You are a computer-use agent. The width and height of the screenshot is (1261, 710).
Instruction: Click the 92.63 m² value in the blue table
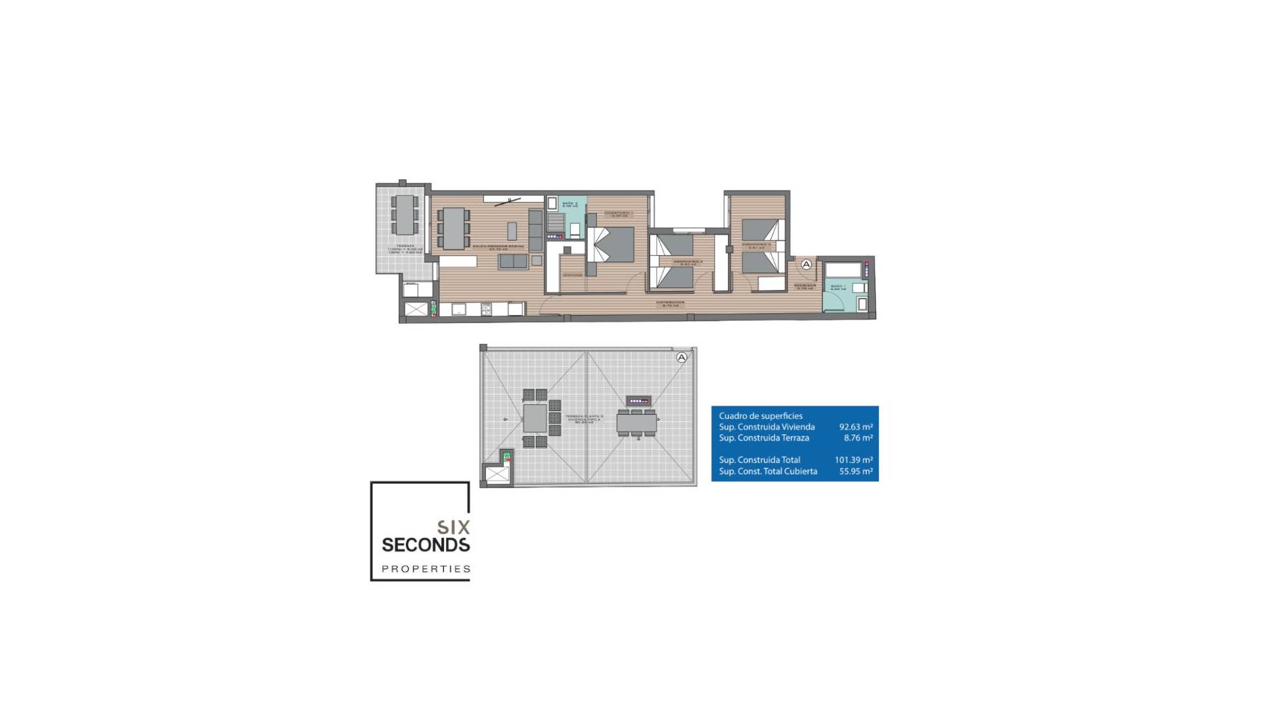(x=855, y=427)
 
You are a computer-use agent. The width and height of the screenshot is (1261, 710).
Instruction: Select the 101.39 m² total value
(x=853, y=460)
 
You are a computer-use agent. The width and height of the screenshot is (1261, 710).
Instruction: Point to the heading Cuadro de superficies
(x=761, y=415)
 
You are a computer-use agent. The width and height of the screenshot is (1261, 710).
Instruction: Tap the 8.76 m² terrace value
(x=858, y=438)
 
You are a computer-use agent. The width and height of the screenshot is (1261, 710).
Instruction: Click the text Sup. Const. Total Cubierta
(x=768, y=471)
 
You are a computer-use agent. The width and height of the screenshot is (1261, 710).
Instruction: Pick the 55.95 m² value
(x=855, y=471)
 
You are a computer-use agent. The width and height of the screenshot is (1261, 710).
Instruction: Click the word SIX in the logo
(x=454, y=527)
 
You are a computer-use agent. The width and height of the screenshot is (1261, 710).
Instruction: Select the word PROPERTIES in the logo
(x=426, y=569)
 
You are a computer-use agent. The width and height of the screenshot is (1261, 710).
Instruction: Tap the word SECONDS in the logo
(x=426, y=545)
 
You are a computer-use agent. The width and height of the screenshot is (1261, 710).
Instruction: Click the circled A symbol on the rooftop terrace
(x=682, y=358)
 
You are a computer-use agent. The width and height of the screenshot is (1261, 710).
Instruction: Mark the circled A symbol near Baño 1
(x=807, y=264)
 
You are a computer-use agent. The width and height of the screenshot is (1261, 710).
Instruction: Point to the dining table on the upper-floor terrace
(x=404, y=214)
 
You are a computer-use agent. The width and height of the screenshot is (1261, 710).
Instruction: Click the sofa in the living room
(x=513, y=262)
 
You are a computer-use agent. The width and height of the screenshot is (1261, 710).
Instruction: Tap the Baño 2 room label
(x=569, y=204)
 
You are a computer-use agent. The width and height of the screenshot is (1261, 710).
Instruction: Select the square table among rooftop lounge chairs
(x=535, y=418)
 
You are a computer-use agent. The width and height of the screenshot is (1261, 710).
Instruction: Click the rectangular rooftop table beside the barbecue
(x=636, y=422)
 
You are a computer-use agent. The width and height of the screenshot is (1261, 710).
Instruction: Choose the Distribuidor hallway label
(x=670, y=304)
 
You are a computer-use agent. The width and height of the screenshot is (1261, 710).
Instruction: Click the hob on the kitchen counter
(x=487, y=308)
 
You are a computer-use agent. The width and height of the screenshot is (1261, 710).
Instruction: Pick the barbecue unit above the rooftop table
(x=638, y=400)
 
